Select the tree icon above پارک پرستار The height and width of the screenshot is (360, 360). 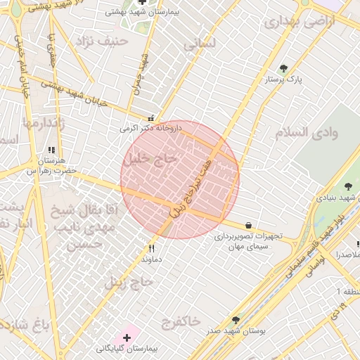click(x=283, y=69)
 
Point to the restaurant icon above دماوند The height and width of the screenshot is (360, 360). click(x=151, y=248)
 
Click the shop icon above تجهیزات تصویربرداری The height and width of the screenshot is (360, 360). click(x=250, y=225)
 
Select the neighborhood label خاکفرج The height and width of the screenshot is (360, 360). click(x=180, y=322)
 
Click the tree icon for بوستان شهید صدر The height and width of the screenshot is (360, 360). click(x=236, y=320)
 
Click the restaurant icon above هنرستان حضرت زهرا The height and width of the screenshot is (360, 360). click(x=51, y=150)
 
